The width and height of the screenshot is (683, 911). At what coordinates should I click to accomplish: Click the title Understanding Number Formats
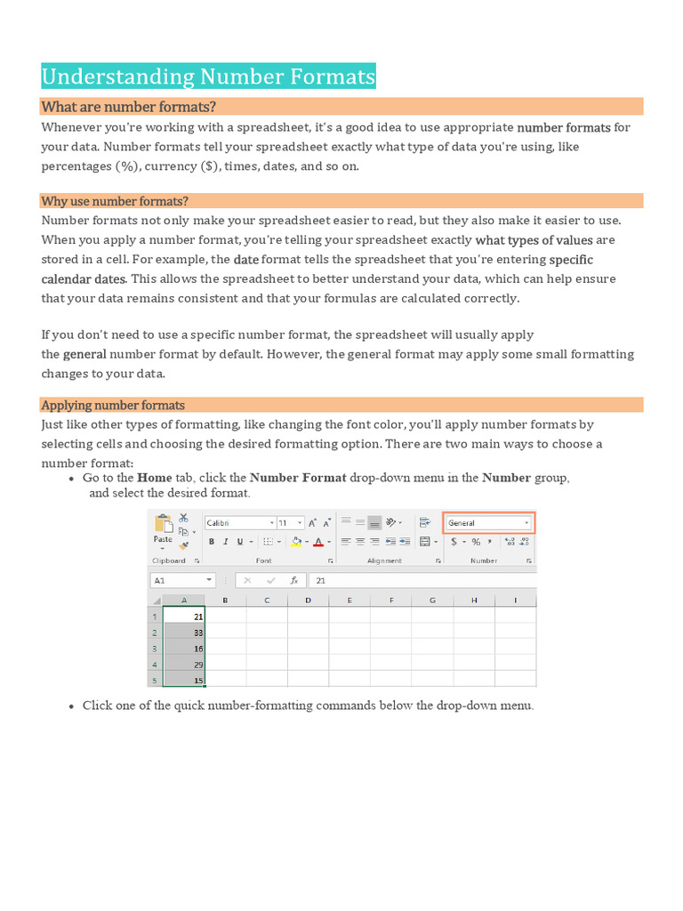click(208, 77)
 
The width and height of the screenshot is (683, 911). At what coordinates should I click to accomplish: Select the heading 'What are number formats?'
click(128, 107)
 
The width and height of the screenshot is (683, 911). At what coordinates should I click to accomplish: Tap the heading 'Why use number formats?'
click(115, 201)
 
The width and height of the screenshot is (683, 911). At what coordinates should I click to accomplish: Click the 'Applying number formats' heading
click(113, 405)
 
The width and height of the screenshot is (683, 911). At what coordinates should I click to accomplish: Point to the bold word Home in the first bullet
click(154, 478)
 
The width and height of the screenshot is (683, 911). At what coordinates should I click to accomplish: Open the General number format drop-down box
click(488, 523)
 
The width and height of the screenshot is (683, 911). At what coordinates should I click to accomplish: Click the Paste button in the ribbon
click(163, 539)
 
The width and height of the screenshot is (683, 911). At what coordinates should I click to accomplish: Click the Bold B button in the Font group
click(212, 542)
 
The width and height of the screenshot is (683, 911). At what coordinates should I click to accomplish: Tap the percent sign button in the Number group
click(476, 542)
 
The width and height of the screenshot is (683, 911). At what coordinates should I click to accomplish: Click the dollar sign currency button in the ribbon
click(454, 542)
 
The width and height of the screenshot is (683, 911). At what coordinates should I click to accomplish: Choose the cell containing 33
click(185, 633)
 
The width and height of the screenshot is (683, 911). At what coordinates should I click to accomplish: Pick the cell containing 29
click(185, 665)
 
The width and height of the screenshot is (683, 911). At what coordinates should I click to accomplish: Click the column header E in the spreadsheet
click(350, 601)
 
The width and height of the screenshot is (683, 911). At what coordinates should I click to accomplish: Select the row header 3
click(155, 649)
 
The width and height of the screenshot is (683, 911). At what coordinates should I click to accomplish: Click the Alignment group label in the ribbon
click(384, 561)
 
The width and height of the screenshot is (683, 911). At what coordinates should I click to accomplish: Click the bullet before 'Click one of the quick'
click(71, 706)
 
